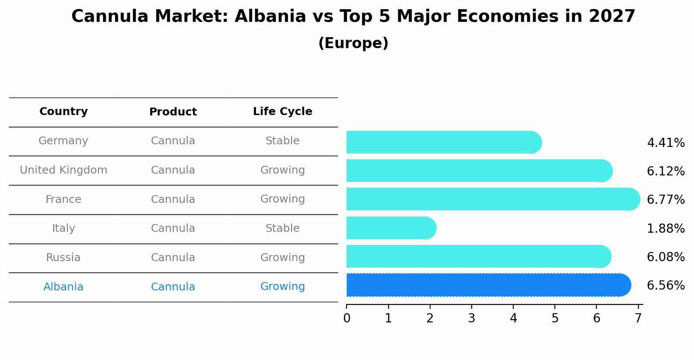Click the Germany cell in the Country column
[63, 141]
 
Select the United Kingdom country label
[63, 170]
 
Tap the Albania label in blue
[63, 287]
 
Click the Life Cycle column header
[282, 112]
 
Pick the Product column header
[173, 112]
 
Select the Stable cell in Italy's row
[282, 228]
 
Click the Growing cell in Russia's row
[282, 258]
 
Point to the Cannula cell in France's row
[173, 199]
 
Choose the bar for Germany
[442, 142]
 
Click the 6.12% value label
[666, 171]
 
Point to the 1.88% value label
[666, 228]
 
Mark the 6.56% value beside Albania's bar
[666, 286]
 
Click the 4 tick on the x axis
[513, 318]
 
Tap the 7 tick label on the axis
[638, 318]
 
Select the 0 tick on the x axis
[347, 318]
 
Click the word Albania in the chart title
[270, 17]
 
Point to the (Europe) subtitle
[353, 43]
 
